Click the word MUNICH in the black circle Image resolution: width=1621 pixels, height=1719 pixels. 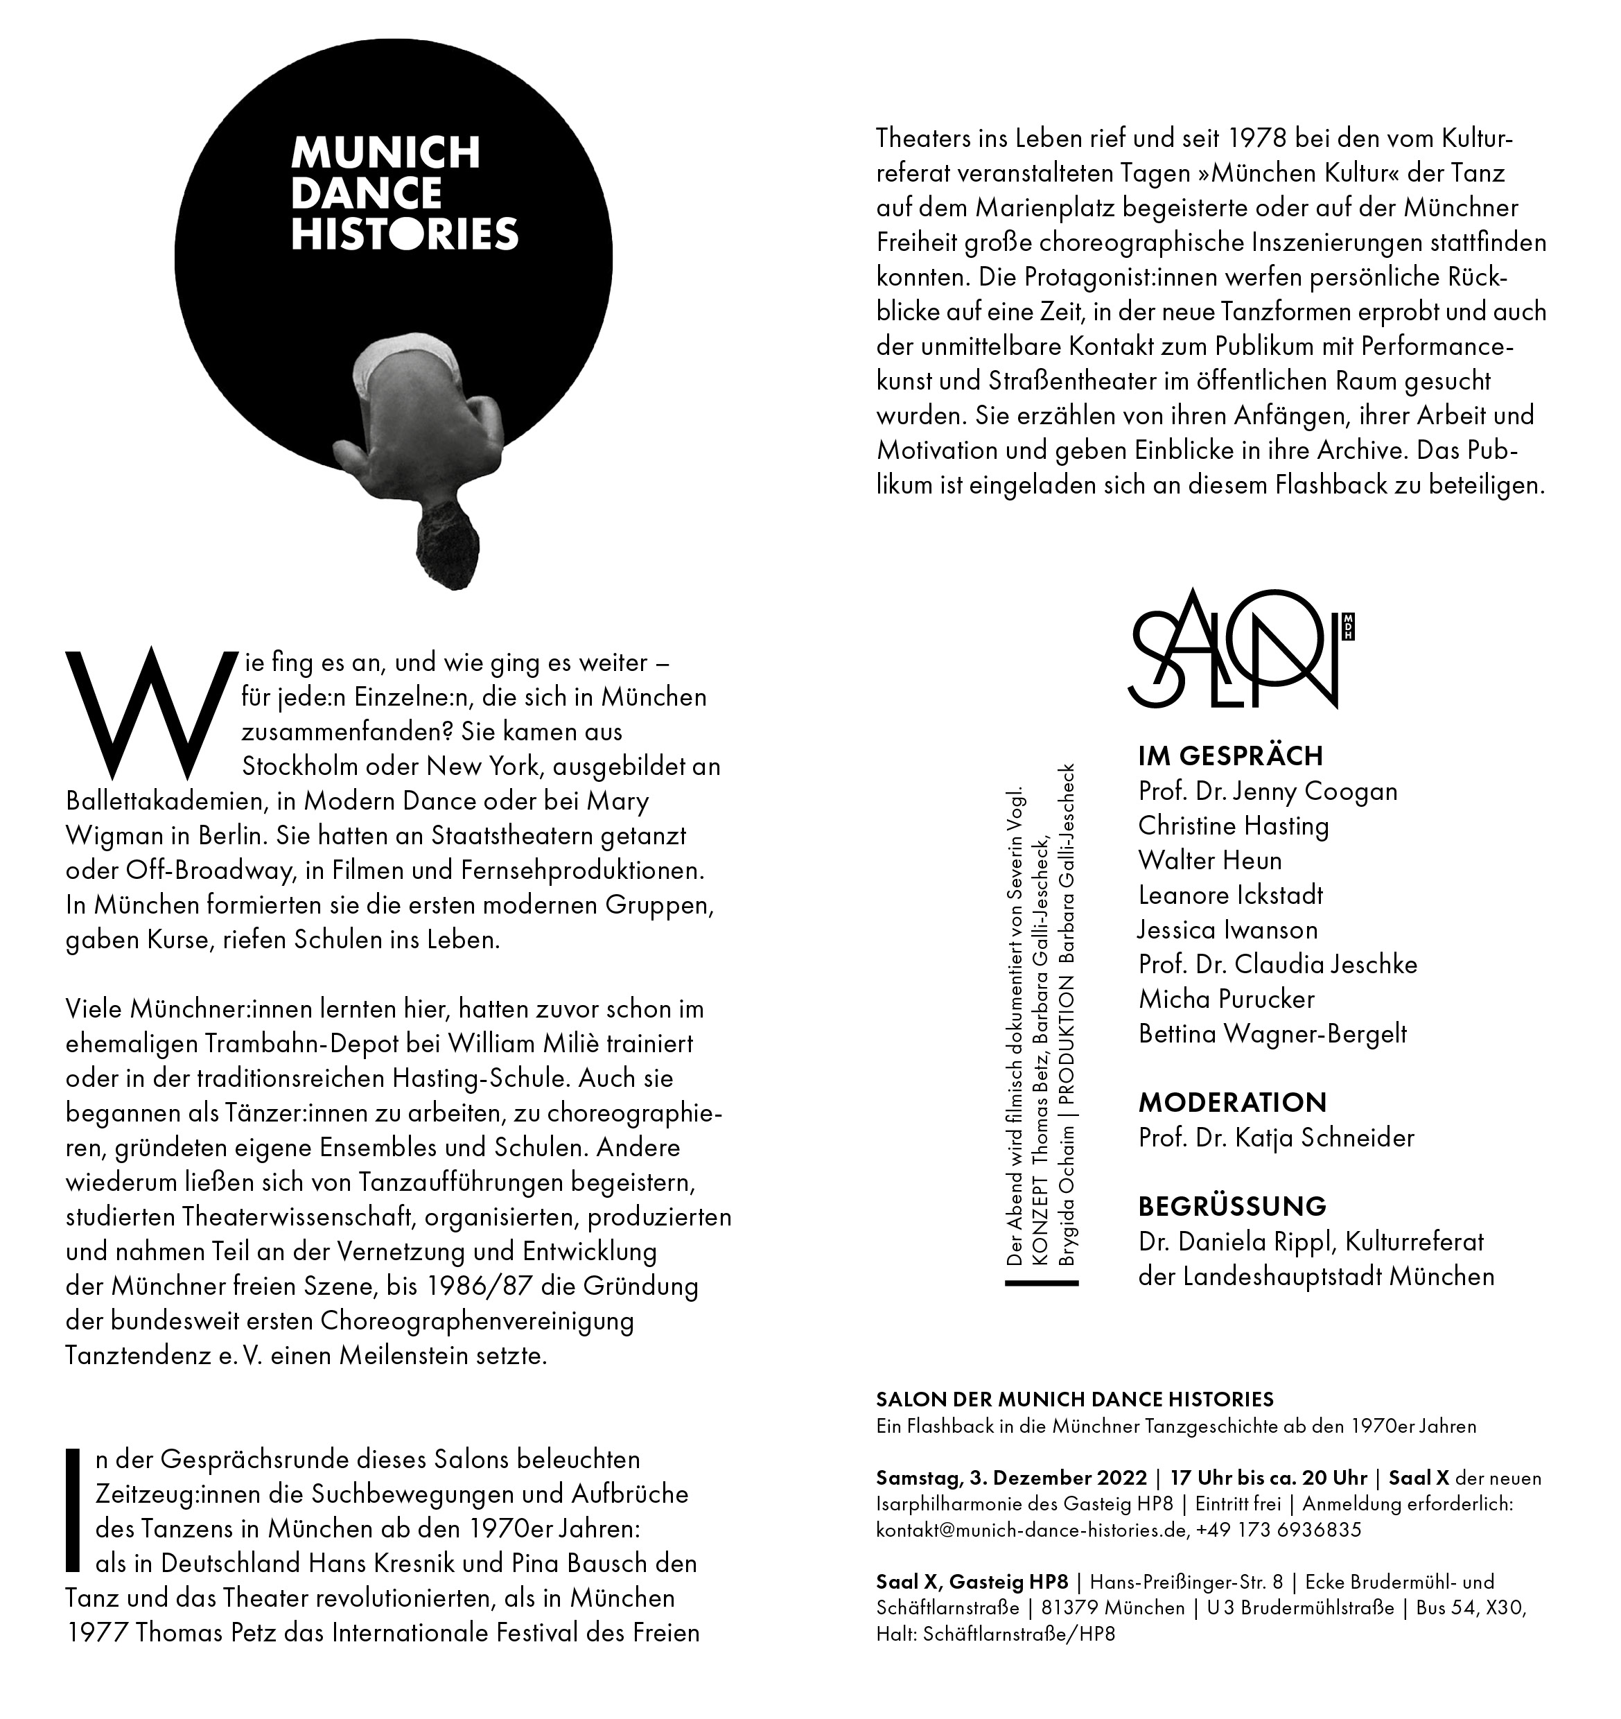click(385, 153)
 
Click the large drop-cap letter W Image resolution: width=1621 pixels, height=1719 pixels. click(149, 713)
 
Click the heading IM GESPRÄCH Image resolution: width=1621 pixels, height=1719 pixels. click(1230, 757)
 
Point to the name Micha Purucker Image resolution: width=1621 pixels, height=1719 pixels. click(1226, 999)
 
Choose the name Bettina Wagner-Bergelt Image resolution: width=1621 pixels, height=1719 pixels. click(1272, 1033)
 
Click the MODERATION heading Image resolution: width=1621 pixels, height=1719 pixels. click(1232, 1103)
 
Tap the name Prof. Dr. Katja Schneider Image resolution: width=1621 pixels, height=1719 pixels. click(1276, 1138)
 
